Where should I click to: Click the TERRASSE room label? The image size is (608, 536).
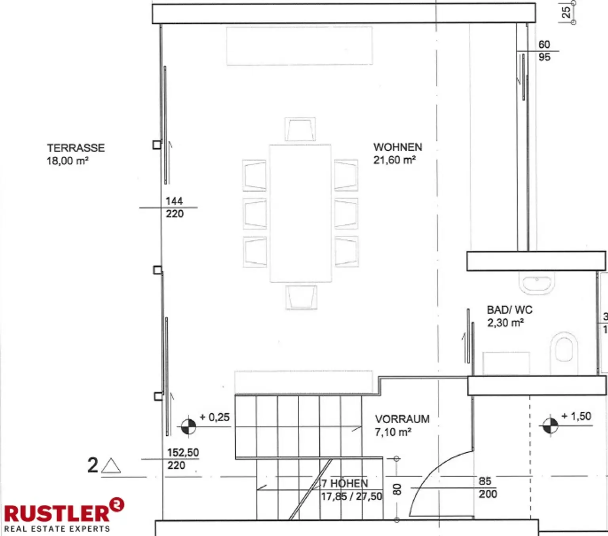tap(76, 148)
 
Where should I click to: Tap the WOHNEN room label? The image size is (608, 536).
tap(398, 147)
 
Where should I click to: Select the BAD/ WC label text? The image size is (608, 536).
tap(509, 310)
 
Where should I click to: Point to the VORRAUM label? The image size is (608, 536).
tap(402, 419)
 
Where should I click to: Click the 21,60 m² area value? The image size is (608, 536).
tap(394, 160)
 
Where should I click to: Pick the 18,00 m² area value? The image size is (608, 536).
tap(68, 161)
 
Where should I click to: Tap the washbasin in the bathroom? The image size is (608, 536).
tap(537, 283)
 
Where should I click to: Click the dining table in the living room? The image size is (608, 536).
tap(300, 213)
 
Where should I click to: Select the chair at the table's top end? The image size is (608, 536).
tap(300, 129)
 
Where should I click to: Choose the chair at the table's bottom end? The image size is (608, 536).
tap(301, 297)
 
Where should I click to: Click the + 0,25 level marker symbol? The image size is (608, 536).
tap(188, 426)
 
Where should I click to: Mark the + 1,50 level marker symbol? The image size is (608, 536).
tap(550, 425)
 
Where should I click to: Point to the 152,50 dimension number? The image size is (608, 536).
tap(183, 452)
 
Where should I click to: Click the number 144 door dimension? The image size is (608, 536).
tap(174, 201)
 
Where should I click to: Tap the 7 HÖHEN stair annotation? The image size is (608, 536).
tap(344, 483)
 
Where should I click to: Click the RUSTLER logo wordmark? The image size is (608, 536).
tap(57, 513)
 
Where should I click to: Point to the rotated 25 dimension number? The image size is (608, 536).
tap(566, 13)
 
